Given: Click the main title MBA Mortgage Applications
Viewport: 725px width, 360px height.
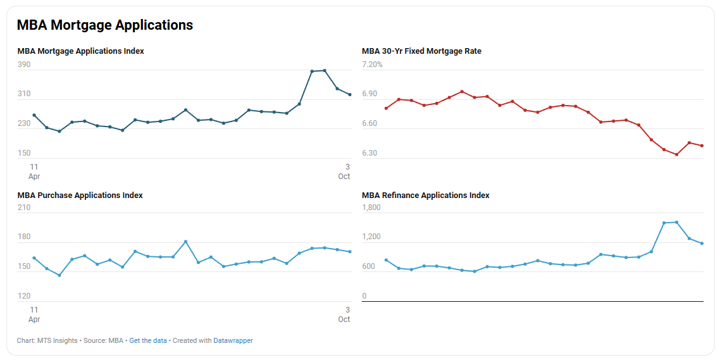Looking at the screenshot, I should point(105,25).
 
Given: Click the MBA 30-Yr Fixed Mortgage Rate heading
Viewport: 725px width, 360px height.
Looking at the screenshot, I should point(421,51).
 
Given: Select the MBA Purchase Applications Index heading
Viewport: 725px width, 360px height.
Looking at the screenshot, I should point(80,196).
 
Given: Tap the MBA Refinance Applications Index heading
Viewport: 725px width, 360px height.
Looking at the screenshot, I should point(426,196).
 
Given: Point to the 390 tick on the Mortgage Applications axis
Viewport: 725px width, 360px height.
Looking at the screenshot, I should point(24,65).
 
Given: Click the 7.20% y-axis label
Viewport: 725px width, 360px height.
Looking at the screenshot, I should point(372,65).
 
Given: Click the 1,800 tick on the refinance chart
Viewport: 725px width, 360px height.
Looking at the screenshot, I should point(371,208).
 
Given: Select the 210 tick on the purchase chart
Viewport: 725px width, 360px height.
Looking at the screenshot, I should point(24,208).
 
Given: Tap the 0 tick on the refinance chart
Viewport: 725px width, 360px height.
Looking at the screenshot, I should point(364,296).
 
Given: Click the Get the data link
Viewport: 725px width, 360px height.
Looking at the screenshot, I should point(148,340).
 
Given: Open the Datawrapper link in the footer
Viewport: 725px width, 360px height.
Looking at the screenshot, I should point(233,340).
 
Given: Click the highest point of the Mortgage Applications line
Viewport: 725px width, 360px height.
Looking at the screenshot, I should point(325,71).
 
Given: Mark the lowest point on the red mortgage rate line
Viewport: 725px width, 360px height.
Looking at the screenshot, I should point(676,154).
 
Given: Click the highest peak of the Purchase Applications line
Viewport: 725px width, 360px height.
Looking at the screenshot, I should point(185,242).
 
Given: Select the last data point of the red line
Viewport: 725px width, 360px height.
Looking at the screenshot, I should point(702,146).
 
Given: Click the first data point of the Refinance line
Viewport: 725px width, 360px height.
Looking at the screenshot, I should point(386,260).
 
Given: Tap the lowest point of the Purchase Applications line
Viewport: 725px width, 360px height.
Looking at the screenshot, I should point(59,275).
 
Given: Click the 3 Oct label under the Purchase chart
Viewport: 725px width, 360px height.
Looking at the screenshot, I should point(344,314).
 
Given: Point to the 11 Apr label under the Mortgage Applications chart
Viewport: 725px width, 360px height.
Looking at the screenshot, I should point(34,171).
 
